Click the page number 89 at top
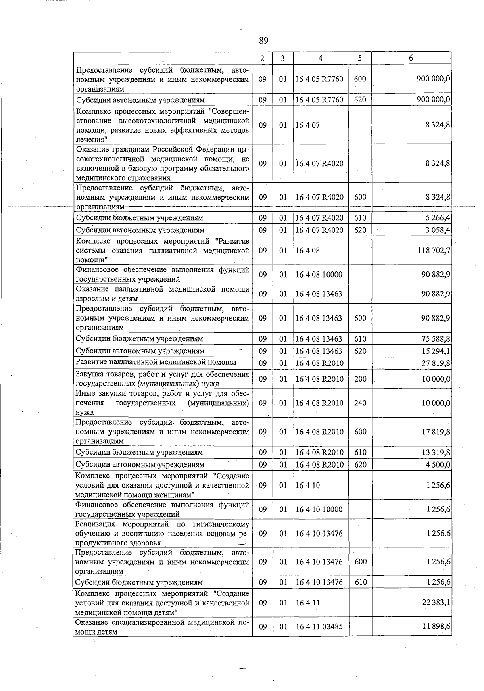[263, 40]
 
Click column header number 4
[320, 58]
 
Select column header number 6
[411, 58]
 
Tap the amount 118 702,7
[434, 251]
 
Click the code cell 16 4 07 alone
[308, 125]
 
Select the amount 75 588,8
[436, 339]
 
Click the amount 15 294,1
[436, 351]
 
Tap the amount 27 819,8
[436, 363]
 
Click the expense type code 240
[360, 403]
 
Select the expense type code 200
[360, 379]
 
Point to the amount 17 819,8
[436, 432]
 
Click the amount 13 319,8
[436, 452]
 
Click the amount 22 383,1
[436, 603]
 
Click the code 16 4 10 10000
[319, 509]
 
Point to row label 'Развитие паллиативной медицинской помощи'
[156, 362]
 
